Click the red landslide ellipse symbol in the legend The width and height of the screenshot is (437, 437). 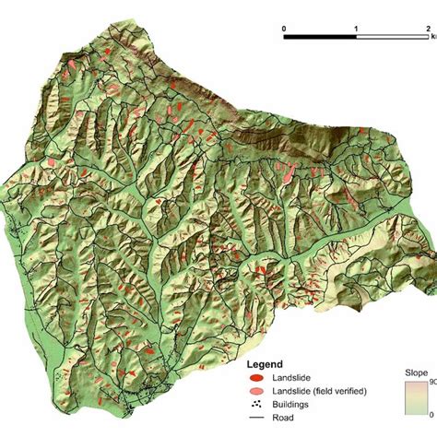tap(259, 378)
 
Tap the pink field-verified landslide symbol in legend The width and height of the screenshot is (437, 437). tap(259, 391)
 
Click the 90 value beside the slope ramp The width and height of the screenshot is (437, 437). tap(431, 382)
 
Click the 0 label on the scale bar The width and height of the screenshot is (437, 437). tap(284, 29)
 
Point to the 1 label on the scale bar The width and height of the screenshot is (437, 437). tap(356, 29)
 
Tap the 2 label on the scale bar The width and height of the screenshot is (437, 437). tap(428, 29)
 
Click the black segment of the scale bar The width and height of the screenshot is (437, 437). tap(320, 39)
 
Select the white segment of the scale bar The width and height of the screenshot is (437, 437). tap(392, 39)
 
